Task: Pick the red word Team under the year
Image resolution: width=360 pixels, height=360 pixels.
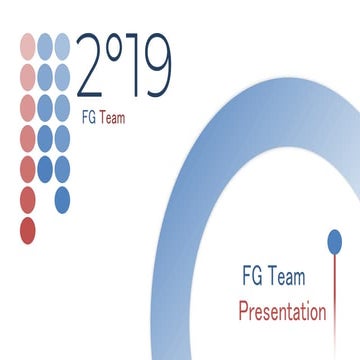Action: (x=114, y=117)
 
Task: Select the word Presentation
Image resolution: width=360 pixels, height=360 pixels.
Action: (x=282, y=311)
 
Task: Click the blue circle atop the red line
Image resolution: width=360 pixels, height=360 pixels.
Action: (x=334, y=240)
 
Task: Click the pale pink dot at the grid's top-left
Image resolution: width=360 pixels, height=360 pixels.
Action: (x=27, y=44)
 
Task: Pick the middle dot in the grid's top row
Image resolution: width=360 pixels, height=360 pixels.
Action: (x=45, y=44)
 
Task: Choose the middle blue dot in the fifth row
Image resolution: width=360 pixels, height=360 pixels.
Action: (x=45, y=166)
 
